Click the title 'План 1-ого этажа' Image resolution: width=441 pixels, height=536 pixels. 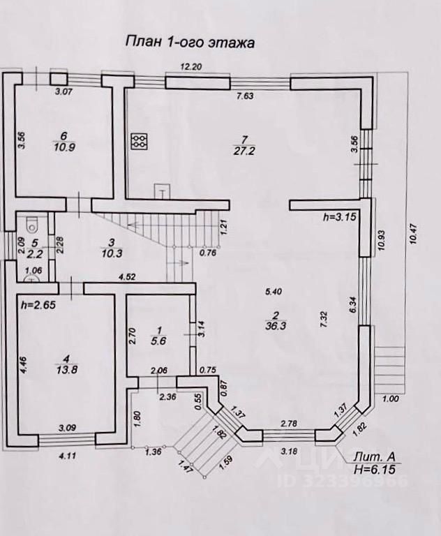pos(189,42)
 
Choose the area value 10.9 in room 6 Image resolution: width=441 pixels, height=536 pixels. pos(63,147)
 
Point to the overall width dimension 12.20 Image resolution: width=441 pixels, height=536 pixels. pos(191,66)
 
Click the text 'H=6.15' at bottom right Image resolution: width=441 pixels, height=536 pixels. pos(379,470)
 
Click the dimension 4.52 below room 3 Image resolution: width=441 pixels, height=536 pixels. pos(126,276)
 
